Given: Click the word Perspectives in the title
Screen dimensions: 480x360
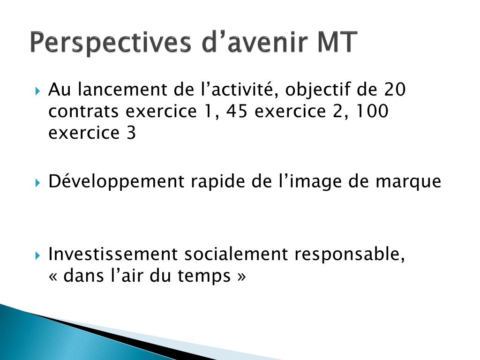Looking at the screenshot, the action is pyautogui.click(x=110, y=42).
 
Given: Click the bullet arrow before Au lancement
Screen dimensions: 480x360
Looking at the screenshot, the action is pyautogui.click(x=37, y=91).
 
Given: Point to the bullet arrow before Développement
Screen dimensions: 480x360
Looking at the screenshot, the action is pyautogui.click(x=37, y=183).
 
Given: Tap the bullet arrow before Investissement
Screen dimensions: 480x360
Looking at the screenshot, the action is pyautogui.click(x=37, y=255).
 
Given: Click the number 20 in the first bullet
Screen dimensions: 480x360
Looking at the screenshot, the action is pyautogui.click(x=395, y=90).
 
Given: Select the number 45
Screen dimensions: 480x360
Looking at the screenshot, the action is pyautogui.click(x=237, y=111).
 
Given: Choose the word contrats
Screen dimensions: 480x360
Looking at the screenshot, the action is pyautogui.click(x=83, y=112).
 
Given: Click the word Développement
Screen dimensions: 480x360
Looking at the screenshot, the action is pyautogui.click(x=116, y=182).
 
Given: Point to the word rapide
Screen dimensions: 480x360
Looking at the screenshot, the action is pyautogui.click(x=218, y=182).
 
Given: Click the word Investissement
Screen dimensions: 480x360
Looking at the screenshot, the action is pyautogui.click(x=113, y=254).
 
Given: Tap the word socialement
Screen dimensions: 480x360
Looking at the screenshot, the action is pyautogui.click(x=236, y=254).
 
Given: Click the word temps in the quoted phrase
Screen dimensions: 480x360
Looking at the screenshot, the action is pyautogui.click(x=204, y=277).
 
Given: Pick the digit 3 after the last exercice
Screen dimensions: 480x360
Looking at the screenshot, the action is pyautogui.click(x=131, y=133).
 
